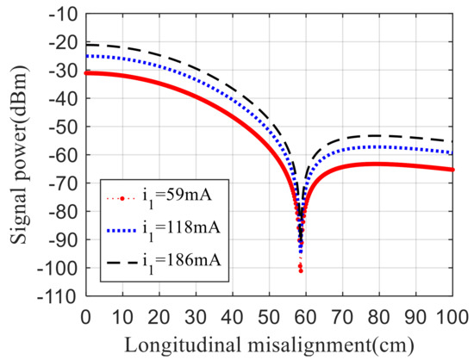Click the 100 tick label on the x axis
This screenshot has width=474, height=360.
tap(452, 314)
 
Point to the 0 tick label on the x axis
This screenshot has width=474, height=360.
tap(84, 314)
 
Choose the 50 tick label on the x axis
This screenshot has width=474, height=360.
tap(269, 314)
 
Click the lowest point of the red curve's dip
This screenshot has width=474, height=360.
tap(301, 271)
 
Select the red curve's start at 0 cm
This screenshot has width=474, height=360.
tap(85, 73)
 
